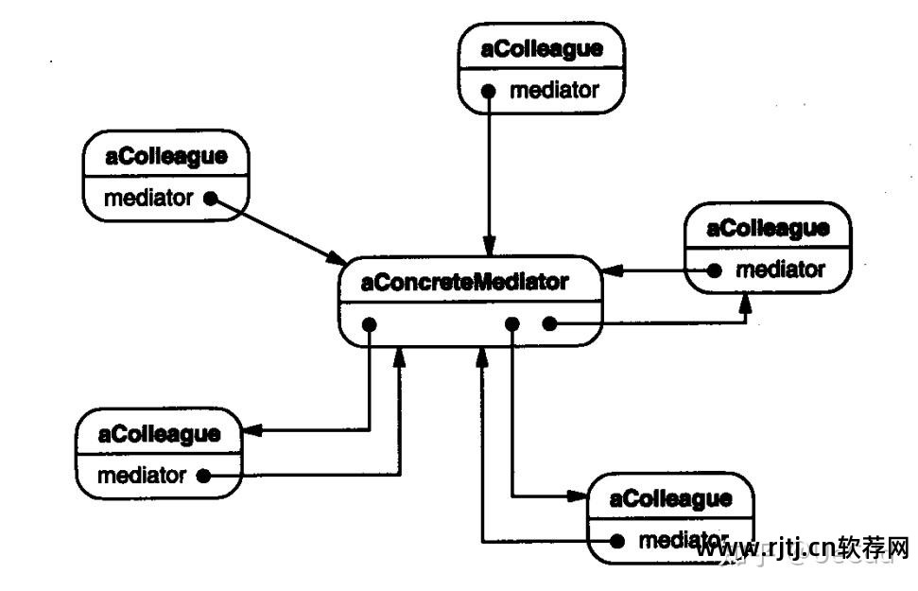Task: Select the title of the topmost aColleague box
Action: pos(542,49)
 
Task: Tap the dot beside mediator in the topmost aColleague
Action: pos(489,92)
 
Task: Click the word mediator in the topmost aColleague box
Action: pos(554,91)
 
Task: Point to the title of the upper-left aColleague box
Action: pos(166,157)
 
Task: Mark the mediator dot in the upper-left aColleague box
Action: pos(211,199)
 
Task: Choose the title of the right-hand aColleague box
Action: pos(768,228)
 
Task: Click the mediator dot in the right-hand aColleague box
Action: pos(716,270)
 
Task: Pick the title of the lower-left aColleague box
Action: pos(160,434)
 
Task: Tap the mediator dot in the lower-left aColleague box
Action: pos(202,476)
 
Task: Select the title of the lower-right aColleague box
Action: pos(671,498)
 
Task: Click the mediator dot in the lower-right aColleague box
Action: pos(617,541)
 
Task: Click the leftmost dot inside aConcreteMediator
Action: pos(370,324)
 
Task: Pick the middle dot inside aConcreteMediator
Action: pos(511,324)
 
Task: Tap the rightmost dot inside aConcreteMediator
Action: pos(547,324)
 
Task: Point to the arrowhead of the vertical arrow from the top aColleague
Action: pos(489,247)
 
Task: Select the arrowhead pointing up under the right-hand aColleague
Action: pos(746,304)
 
